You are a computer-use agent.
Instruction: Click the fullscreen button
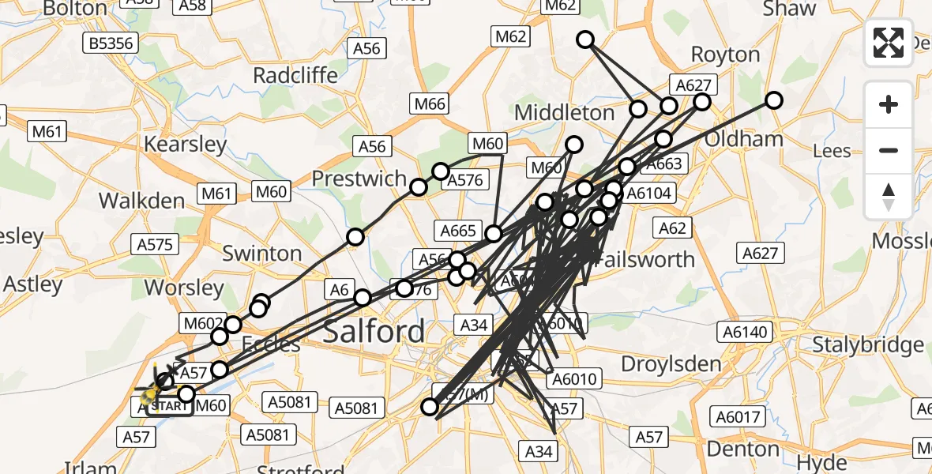tap(889, 42)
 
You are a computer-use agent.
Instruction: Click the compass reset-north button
tap(889, 197)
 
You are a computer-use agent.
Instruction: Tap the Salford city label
tap(374, 331)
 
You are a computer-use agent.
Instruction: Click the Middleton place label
tap(564, 113)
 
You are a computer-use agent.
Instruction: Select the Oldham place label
tap(750, 139)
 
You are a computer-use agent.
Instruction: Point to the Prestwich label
tap(359, 179)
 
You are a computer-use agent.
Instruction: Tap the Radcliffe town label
tap(295, 75)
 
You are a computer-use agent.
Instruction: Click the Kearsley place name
tap(186, 145)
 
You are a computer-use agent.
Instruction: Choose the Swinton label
tap(262, 254)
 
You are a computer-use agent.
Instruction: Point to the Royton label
tap(725, 55)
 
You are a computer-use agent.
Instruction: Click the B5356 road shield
tap(111, 43)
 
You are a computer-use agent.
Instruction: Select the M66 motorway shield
tap(429, 103)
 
